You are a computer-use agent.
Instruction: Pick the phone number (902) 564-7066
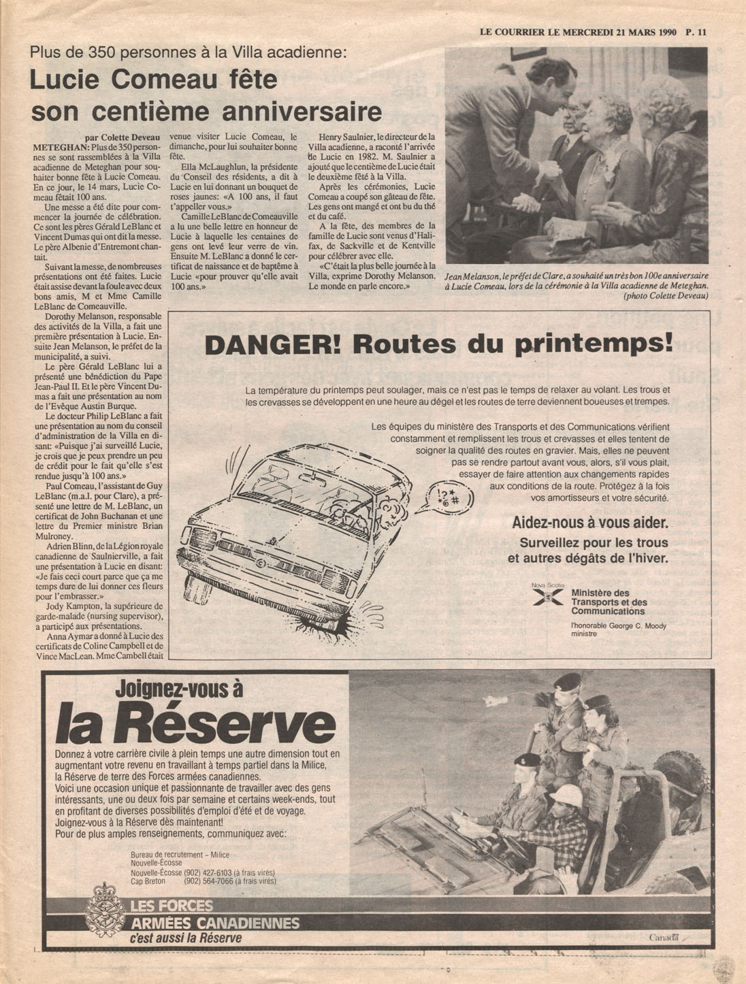[x=209, y=881]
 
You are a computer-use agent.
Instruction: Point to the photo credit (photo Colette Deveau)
[x=665, y=296]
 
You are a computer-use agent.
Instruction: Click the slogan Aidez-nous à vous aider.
[x=589, y=523]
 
